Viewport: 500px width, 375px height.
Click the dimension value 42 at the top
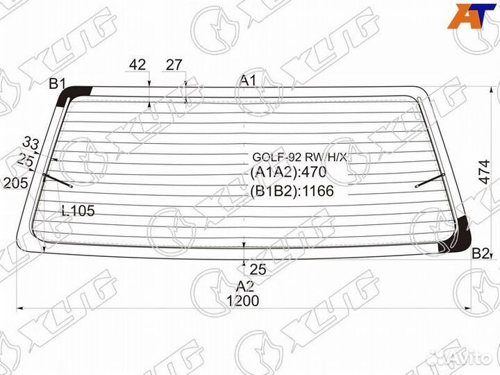[x=137, y=65]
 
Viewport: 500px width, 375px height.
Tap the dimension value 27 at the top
[x=174, y=65]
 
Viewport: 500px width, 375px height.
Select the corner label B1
[x=57, y=84]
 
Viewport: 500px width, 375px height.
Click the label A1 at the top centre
[x=248, y=81]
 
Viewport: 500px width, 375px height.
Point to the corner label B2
[x=481, y=254]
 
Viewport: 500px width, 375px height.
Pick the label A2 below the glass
[x=245, y=286]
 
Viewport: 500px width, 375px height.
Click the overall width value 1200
[x=243, y=301]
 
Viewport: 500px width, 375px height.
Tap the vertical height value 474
[x=485, y=172]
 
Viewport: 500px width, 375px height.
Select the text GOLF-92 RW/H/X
[x=299, y=157]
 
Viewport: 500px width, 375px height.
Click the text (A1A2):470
[x=288, y=172]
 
